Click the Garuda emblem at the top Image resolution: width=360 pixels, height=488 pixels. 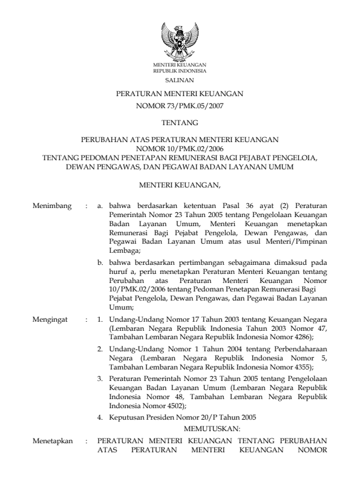pos(180,41)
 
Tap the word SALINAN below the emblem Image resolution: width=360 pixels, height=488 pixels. pos(180,79)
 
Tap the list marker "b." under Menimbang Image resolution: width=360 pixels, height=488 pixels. pos(100,264)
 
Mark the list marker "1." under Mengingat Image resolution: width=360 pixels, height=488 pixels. pos(100,318)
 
